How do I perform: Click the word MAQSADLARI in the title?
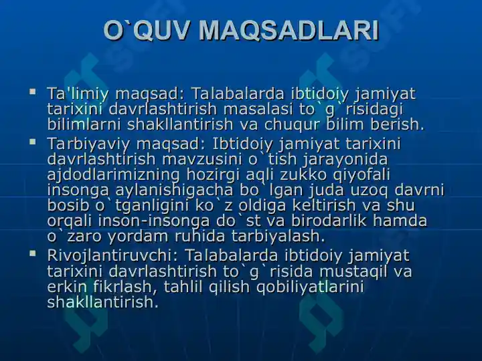289,31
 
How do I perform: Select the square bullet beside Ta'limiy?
32,91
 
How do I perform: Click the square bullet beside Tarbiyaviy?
32,142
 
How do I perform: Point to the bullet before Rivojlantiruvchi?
32,253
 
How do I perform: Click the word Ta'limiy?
78,94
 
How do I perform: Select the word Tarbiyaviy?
88,144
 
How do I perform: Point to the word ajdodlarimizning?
113,175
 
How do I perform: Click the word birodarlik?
329,221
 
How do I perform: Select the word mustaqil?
351,271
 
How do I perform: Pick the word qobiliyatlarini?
310,287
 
